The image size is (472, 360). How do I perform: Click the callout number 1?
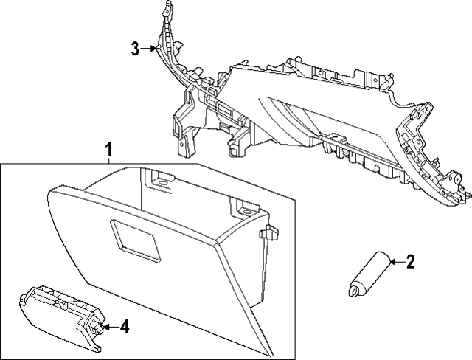(x=108, y=150)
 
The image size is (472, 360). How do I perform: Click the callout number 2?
(x=410, y=262)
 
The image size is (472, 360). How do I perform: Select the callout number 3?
(x=135, y=49)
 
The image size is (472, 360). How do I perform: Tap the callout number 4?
(x=125, y=327)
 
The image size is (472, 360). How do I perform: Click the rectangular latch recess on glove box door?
(x=135, y=239)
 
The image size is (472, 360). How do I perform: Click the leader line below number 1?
(x=108, y=160)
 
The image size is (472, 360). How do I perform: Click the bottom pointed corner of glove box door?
(x=270, y=355)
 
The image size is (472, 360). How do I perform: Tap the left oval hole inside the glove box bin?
(x=162, y=183)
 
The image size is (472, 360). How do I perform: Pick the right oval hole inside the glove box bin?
(x=247, y=212)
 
